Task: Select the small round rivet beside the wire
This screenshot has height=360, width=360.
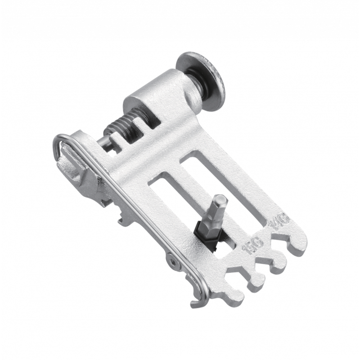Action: [x=172, y=260]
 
